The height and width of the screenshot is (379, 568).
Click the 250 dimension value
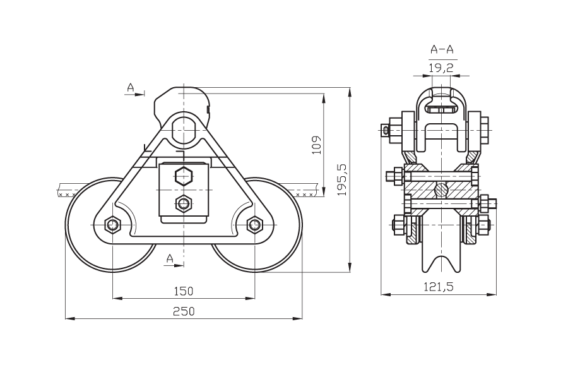pyautogui.click(x=183, y=311)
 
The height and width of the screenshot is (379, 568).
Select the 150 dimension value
pyautogui.click(x=183, y=291)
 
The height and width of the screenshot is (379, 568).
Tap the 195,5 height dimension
pyautogui.click(x=342, y=179)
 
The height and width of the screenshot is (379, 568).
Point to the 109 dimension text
pyautogui.click(x=317, y=145)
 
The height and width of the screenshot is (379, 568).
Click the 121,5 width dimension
pyautogui.click(x=439, y=287)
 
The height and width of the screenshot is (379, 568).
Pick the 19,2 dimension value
pyautogui.click(x=441, y=68)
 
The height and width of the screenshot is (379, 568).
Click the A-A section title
pyautogui.click(x=442, y=49)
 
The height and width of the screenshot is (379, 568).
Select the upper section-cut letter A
pyautogui.click(x=131, y=87)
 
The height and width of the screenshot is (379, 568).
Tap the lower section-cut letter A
pyautogui.click(x=170, y=258)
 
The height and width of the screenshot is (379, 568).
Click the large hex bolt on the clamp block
pyautogui.click(x=183, y=177)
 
